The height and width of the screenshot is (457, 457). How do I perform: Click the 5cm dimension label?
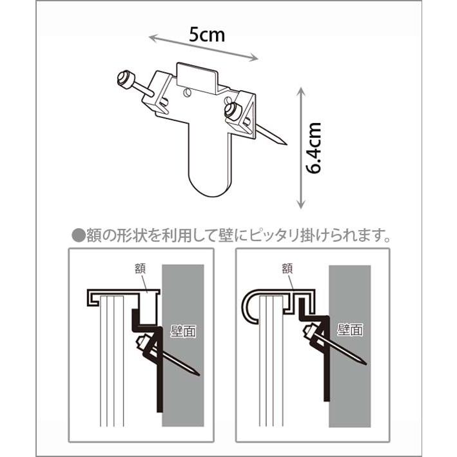(x=206, y=34)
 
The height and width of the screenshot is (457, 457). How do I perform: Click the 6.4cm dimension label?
(x=314, y=148)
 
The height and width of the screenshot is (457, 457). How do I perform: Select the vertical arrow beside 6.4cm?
(x=300, y=148)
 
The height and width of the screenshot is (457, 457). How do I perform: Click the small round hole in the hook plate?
(x=186, y=93)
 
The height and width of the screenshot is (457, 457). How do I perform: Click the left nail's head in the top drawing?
(x=124, y=79)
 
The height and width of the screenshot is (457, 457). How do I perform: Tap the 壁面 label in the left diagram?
(x=183, y=331)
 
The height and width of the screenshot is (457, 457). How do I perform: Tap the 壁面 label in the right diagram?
(x=349, y=330)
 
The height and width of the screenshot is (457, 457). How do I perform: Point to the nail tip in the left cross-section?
(x=197, y=373)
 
